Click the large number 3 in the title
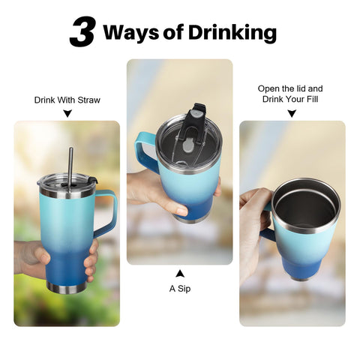(x=82, y=33)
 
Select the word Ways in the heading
(x=132, y=33)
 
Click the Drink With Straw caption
(x=67, y=100)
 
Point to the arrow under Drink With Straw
(x=67, y=114)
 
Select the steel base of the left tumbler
(x=67, y=287)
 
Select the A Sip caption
(x=179, y=286)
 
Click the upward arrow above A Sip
(x=179, y=271)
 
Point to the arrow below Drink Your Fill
(x=292, y=114)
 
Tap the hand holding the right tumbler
(x=253, y=225)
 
